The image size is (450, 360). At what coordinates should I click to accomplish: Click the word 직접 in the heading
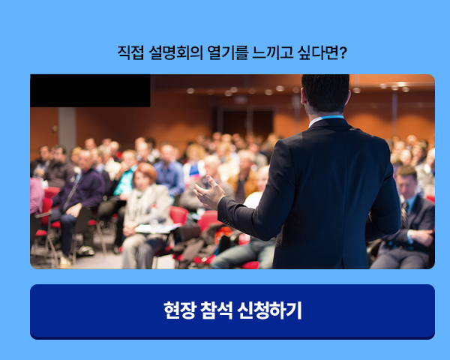[x=130, y=52]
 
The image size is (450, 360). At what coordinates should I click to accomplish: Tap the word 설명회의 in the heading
[x=176, y=52]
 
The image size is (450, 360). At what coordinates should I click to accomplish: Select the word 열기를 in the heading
[x=227, y=52]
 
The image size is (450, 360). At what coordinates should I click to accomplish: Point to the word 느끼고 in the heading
[x=273, y=52]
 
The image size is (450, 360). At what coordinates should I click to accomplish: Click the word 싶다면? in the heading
[x=322, y=52]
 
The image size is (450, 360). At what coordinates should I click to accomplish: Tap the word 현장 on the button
[x=180, y=310]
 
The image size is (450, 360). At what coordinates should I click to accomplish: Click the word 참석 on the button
[x=217, y=310]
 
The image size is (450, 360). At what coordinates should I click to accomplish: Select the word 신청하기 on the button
[x=269, y=310]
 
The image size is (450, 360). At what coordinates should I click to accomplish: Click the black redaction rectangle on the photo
[x=90, y=91]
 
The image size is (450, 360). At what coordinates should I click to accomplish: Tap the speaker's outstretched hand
[x=209, y=192]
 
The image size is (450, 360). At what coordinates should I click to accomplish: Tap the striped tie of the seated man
[x=405, y=214]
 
